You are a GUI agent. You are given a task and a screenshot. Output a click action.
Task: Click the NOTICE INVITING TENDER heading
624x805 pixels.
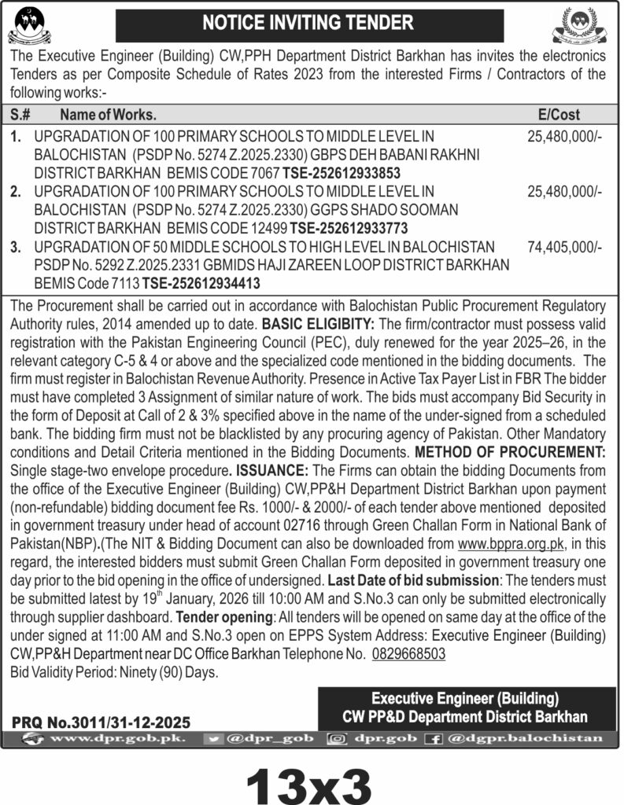[308, 24]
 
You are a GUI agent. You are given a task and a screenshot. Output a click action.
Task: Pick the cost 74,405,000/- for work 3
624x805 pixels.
[563, 247]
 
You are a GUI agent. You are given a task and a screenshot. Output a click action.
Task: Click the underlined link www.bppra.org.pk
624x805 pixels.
[511, 543]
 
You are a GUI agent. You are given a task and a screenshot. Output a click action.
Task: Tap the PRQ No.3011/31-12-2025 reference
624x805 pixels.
[101, 722]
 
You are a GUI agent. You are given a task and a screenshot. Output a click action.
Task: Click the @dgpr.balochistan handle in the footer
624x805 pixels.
[524, 738]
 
